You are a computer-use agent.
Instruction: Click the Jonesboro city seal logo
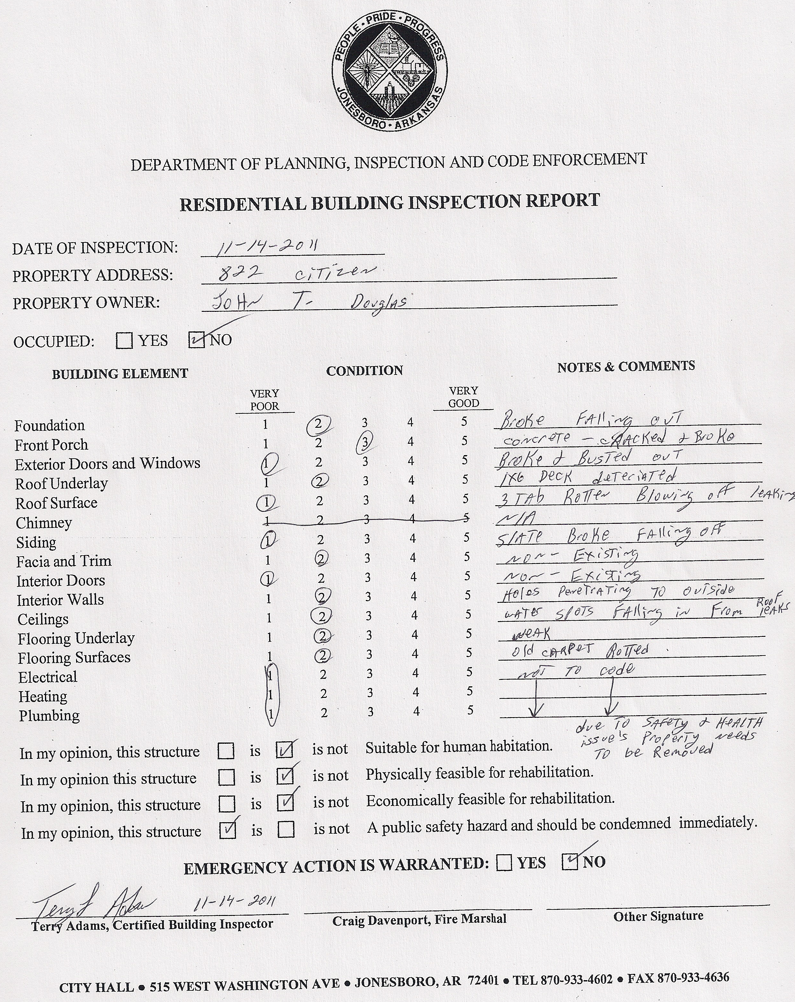click(389, 71)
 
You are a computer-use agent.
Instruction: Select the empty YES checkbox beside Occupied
click(124, 341)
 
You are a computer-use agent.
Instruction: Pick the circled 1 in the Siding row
click(268, 540)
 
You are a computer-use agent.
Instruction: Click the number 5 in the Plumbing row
click(470, 710)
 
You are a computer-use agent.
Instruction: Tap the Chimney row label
click(44, 523)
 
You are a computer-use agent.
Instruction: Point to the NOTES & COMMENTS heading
click(626, 367)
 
